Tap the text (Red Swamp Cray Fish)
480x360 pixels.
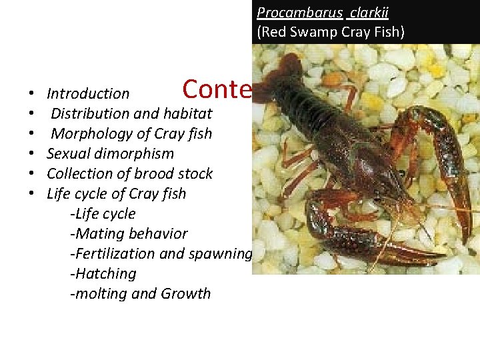click(x=331, y=31)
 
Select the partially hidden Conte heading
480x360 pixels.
click(x=217, y=89)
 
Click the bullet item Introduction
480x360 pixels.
click(x=88, y=94)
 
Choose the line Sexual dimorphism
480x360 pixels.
click(x=110, y=153)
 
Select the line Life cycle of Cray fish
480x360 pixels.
click(x=116, y=193)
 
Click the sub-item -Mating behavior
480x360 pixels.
click(x=129, y=233)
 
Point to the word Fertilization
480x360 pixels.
click(x=116, y=253)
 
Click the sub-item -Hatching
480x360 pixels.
click(x=103, y=273)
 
